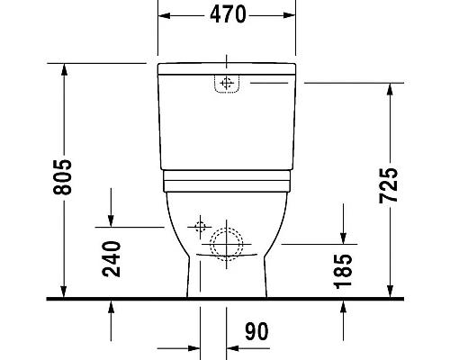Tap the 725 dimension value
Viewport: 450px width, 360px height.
(413, 185)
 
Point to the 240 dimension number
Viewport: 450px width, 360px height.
(112, 259)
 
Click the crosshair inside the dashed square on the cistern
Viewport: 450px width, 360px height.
(225, 84)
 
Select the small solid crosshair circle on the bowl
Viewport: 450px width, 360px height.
(199, 225)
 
